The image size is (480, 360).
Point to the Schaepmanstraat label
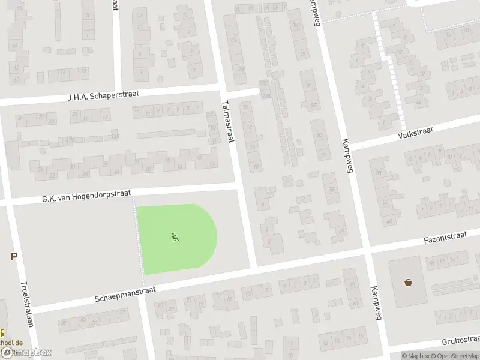[x=124, y=294]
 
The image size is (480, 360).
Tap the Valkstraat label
[x=412, y=133]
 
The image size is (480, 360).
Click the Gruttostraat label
[x=460, y=340]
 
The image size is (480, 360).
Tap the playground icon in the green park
[x=175, y=237]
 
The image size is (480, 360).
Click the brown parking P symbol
[x=14, y=257]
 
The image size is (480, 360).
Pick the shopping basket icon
[x=409, y=282]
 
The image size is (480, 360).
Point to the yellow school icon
[x=2, y=333]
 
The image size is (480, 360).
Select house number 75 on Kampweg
[x=329, y=191]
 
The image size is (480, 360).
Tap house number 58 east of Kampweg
[x=379, y=173]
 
